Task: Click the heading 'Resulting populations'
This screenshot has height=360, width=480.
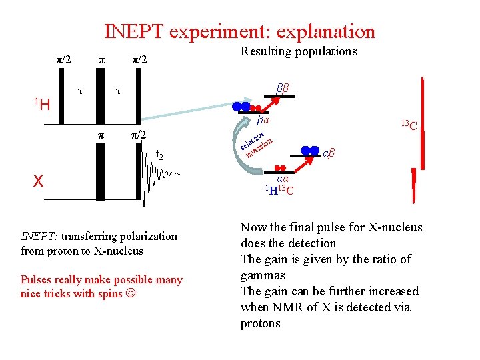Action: pyautogui.click(x=299, y=52)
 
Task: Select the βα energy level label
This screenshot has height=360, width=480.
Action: pyautogui.click(x=263, y=121)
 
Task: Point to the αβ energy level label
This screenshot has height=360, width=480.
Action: pyautogui.click(x=329, y=154)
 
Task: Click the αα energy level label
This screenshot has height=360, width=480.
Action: pyautogui.click(x=283, y=179)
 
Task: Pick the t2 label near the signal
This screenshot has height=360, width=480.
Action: pyautogui.click(x=159, y=156)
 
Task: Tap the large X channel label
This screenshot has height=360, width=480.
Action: pyautogui.click(x=39, y=181)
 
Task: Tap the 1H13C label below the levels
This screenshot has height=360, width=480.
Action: pyautogui.click(x=280, y=191)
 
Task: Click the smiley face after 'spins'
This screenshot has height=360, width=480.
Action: pyautogui.click(x=129, y=293)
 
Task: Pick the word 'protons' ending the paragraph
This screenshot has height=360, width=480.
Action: pyautogui.click(x=261, y=323)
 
